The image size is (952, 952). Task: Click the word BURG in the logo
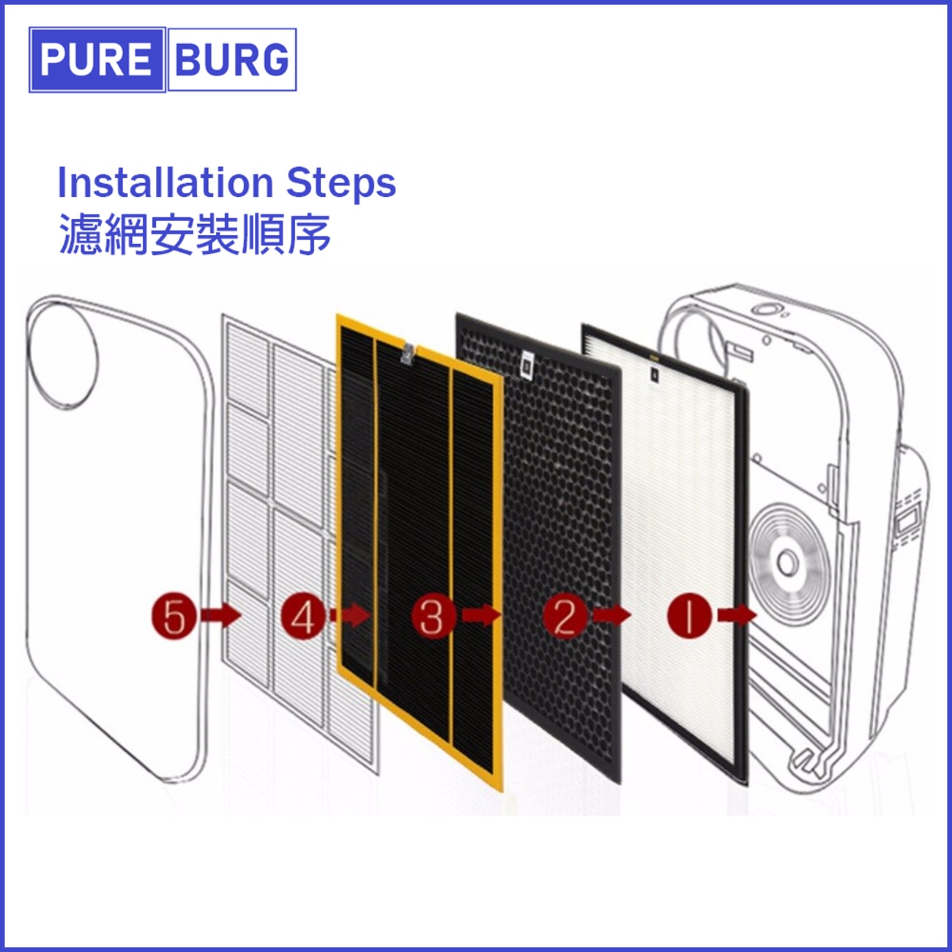coord(231,60)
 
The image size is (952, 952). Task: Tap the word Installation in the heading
coord(166,182)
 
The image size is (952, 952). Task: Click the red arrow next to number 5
coord(220,616)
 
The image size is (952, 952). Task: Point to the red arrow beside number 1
coord(737,616)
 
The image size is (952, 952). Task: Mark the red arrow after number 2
coord(611,616)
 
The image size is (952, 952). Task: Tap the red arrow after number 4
coord(350,616)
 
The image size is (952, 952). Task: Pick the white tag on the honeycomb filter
coord(527,365)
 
